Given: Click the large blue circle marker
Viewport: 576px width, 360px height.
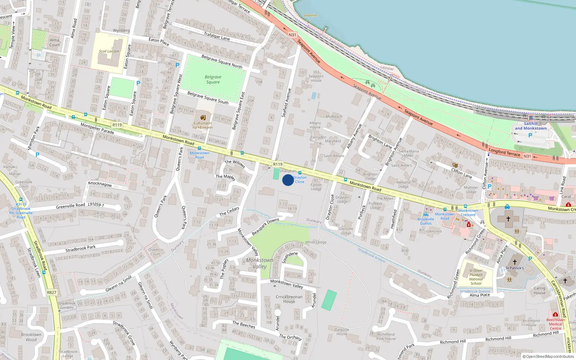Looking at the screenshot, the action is [x=288, y=180].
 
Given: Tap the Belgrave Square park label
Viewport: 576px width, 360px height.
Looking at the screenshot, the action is [x=213, y=80].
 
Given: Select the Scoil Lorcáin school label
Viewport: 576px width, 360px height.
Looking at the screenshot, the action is [x=109, y=51].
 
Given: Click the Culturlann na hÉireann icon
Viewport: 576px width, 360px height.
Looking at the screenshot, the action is [x=203, y=117].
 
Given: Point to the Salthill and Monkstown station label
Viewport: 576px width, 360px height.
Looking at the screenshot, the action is [x=530, y=126].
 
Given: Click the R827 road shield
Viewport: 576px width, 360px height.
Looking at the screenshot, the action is [x=51, y=292].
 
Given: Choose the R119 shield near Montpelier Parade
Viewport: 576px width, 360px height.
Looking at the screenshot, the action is [x=117, y=125].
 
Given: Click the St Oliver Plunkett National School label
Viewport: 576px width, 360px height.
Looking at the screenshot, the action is [x=476, y=277].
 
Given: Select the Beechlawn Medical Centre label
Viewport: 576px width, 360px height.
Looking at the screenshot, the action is [x=555, y=324].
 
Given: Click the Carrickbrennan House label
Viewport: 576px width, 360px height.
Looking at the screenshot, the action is [x=289, y=299].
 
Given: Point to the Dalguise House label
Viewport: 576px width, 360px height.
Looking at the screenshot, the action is [x=342, y=332].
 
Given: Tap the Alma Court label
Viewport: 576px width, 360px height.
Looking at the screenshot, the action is [x=54, y=42].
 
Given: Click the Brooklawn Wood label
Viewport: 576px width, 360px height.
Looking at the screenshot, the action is [x=31, y=337].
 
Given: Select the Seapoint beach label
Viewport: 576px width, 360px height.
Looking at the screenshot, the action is [x=310, y=15].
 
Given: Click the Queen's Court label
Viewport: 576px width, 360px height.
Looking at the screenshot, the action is [x=155, y=252].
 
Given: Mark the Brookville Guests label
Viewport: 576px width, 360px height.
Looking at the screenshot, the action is [x=426, y=221].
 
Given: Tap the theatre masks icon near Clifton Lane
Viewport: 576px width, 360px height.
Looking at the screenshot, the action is [x=455, y=165].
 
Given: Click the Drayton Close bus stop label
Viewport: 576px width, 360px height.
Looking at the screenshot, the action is [x=300, y=179].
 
